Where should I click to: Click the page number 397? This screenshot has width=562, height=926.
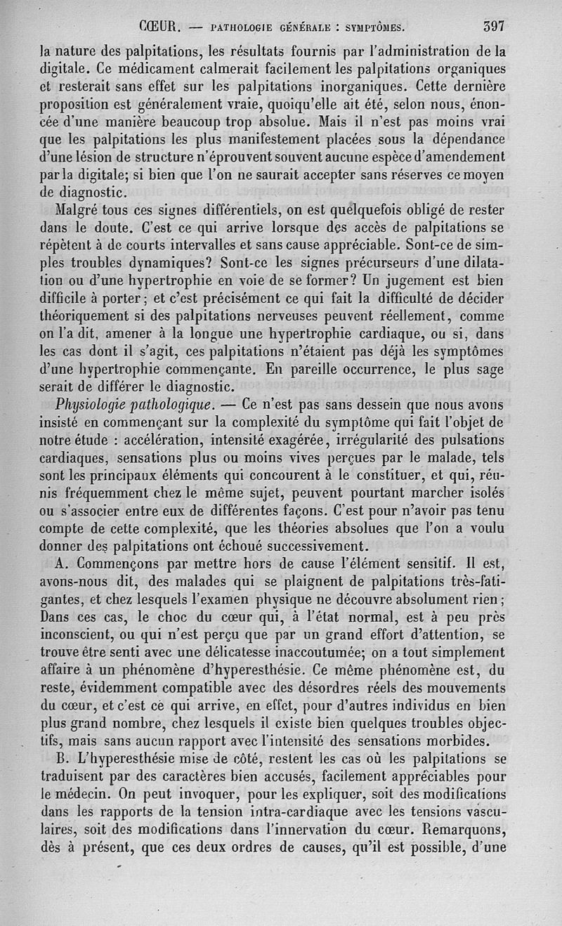pyautogui.click(x=495, y=27)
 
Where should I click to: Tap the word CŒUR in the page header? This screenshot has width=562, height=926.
pyautogui.click(x=161, y=28)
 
